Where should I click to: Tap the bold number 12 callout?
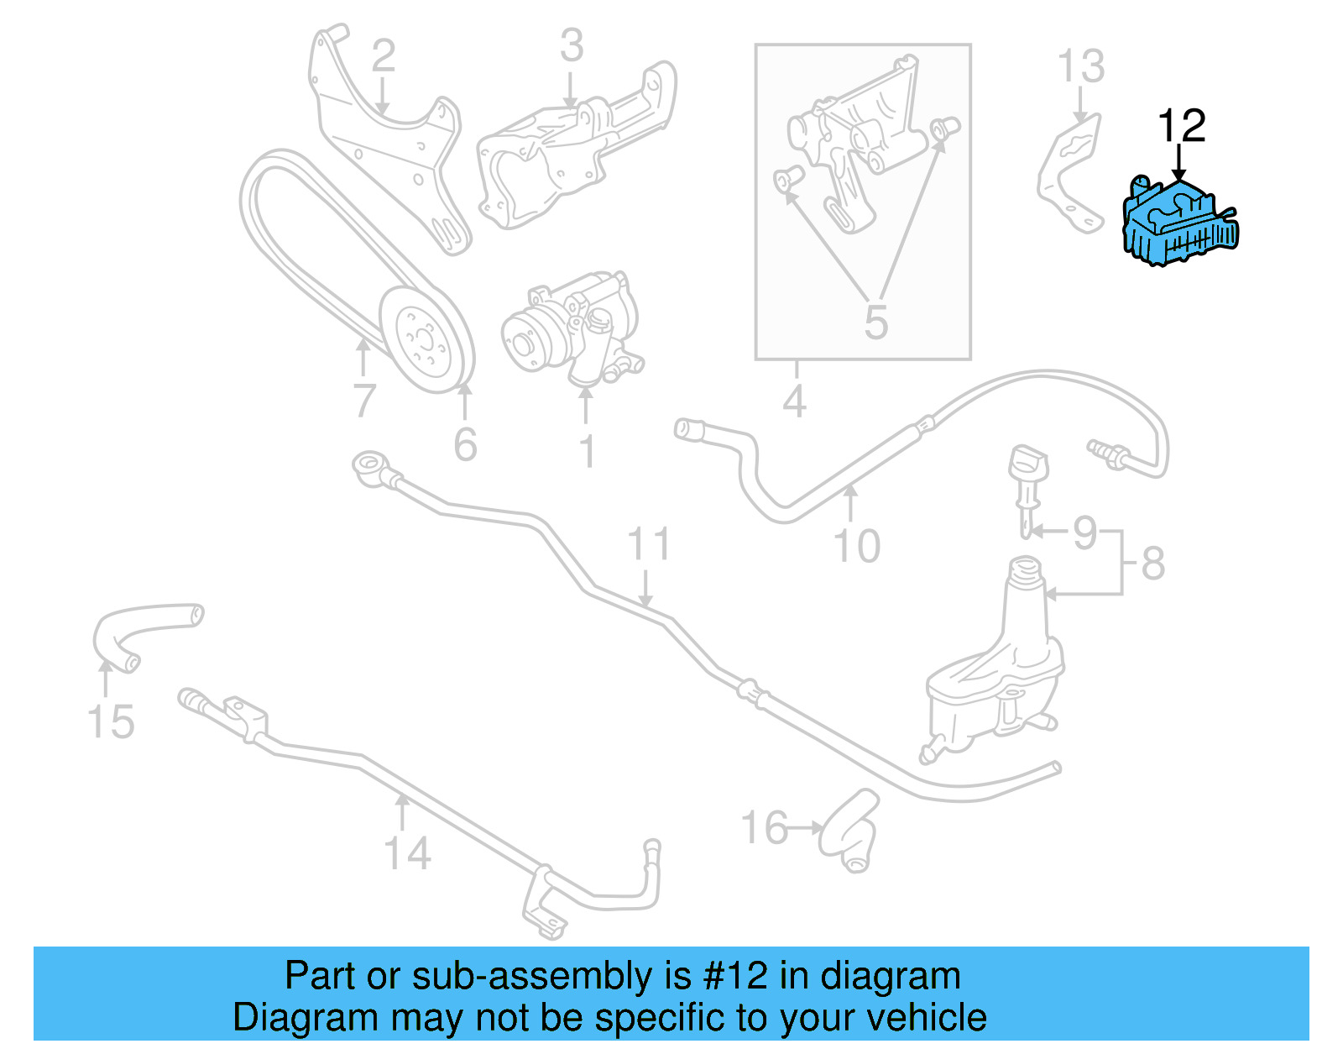[x=1181, y=126]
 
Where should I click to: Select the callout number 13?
[x=1080, y=66]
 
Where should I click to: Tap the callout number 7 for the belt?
[x=363, y=401]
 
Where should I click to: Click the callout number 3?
[x=571, y=45]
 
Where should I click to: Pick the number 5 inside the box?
[x=875, y=323]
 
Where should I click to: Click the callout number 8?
[x=1153, y=563]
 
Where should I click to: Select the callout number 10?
[x=856, y=546]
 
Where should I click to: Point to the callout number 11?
[x=649, y=544]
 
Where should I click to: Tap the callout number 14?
[x=407, y=853]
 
